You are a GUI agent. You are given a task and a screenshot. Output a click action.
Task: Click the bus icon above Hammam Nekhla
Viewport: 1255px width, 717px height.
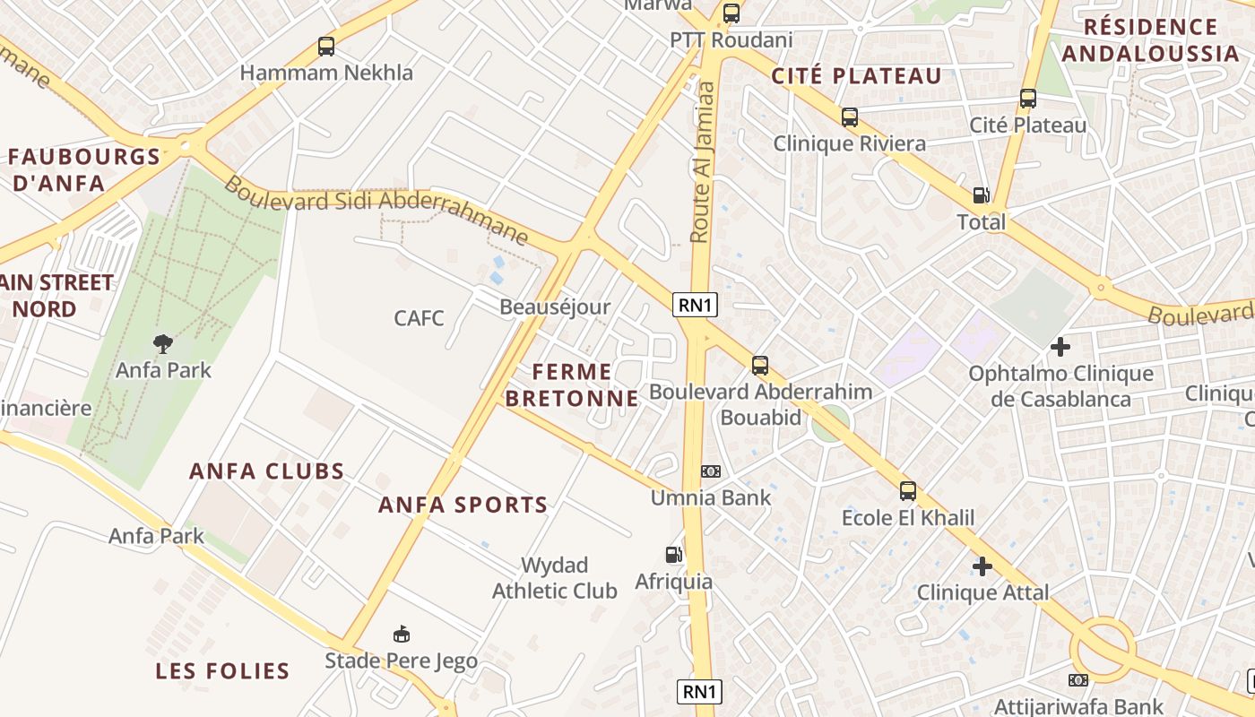pos(326,47)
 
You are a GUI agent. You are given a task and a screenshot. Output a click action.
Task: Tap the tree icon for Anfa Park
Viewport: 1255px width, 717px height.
pos(162,343)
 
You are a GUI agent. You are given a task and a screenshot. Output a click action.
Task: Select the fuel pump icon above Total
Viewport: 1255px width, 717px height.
pos(982,195)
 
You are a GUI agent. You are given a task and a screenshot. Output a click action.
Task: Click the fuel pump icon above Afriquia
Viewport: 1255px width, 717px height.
pos(673,555)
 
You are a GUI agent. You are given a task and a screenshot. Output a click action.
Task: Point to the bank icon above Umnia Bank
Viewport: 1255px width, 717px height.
pos(710,471)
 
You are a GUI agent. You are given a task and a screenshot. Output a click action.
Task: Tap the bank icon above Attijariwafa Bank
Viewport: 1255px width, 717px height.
pos(1078,680)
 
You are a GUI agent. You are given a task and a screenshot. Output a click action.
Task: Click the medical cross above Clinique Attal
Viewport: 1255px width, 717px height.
pos(982,566)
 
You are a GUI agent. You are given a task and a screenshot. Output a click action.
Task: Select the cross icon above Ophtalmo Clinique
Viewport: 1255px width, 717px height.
pos(1060,346)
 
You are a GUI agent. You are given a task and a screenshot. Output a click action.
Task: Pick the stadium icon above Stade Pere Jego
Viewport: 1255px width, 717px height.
pos(402,635)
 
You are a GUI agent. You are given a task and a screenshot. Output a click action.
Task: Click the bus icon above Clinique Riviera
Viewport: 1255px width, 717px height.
pos(849,117)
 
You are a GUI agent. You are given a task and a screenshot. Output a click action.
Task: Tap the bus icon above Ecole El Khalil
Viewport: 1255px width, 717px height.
pos(908,491)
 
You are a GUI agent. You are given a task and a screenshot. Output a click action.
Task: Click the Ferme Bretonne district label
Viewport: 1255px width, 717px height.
pos(572,384)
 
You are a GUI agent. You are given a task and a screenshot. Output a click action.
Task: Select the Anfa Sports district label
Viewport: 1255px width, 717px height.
pos(463,505)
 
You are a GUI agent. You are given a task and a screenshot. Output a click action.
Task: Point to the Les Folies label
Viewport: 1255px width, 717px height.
pos(222,670)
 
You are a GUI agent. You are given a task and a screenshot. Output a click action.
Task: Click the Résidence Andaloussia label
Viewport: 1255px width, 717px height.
pos(1150,40)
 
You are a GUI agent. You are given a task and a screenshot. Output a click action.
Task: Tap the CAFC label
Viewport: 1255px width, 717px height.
pos(419,318)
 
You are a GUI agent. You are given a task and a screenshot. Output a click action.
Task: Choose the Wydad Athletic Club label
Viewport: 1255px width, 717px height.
pos(555,578)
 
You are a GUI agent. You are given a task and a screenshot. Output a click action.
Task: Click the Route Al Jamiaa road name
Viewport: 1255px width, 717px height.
pos(703,161)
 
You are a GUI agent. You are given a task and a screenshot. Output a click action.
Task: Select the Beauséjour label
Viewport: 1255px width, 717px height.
pos(555,307)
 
